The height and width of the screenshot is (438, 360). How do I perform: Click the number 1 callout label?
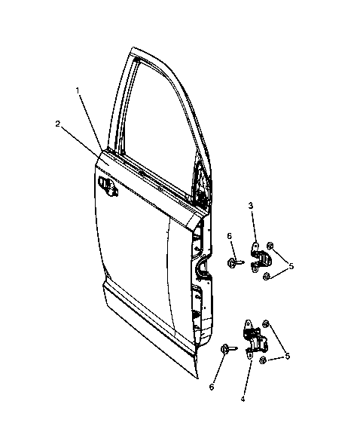click(x=78, y=90)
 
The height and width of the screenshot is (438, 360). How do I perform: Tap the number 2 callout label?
click(x=58, y=124)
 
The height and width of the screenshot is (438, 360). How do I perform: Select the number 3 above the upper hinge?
click(x=251, y=206)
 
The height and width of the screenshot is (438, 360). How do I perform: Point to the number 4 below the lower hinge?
click(x=243, y=399)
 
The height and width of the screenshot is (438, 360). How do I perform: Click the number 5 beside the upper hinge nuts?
click(x=291, y=266)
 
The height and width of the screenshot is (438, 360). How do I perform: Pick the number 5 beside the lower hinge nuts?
click(x=287, y=356)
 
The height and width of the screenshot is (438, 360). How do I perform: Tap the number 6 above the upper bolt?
click(x=230, y=236)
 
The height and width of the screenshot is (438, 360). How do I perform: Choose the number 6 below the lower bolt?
click(x=212, y=387)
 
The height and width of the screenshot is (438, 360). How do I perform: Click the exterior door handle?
click(x=108, y=185)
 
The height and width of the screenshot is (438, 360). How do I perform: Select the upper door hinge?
click(x=258, y=257)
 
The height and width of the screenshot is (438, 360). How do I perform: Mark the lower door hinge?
click(x=256, y=339)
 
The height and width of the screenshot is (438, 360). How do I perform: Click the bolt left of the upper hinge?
click(x=236, y=262)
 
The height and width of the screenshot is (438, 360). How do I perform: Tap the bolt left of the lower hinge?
click(x=229, y=348)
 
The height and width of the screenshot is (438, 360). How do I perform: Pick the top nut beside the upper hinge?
click(x=270, y=246)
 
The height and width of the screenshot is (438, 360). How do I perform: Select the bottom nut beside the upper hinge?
click(x=266, y=277)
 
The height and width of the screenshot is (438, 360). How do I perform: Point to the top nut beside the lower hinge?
click(x=266, y=323)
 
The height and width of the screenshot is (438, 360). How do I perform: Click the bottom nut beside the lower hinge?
click(x=263, y=360)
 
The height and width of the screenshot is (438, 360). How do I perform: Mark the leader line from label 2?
click(x=85, y=145)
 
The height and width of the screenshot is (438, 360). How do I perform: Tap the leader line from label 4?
click(x=248, y=377)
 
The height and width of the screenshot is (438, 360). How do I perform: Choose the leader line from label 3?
click(x=253, y=227)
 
